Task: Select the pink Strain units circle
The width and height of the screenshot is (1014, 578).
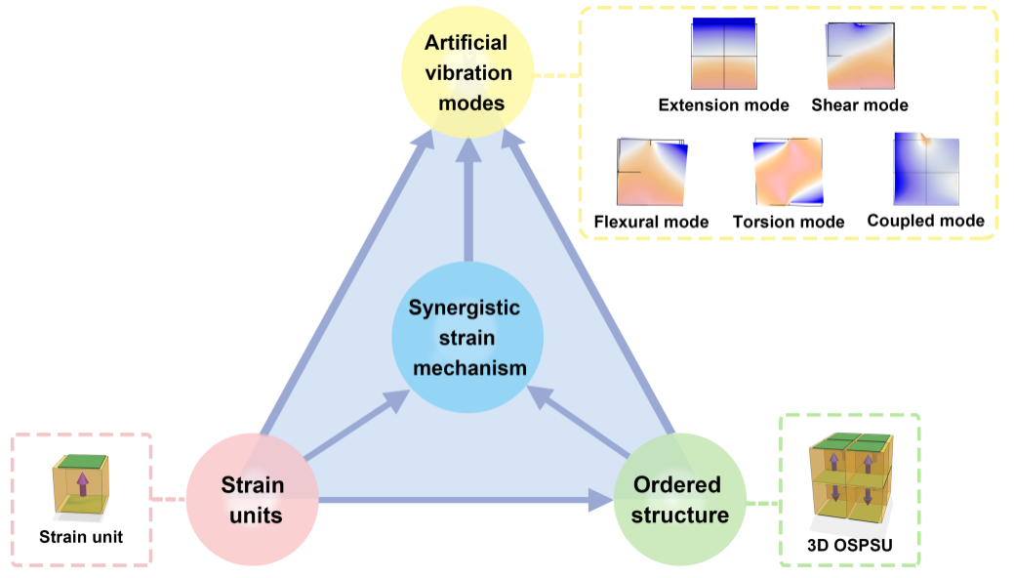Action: click(253, 499)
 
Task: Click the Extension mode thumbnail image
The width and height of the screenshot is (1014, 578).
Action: click(723, 55)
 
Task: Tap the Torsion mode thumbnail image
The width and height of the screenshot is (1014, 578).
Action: click(789, 172)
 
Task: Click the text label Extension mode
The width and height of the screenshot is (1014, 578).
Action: click(723, 104)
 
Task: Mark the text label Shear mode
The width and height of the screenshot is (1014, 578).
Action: click(860, 104)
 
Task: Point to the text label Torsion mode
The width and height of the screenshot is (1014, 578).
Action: click(789, 222)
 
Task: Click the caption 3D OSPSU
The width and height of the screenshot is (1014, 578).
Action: click(849, 543)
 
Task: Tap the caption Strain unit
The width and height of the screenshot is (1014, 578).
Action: click(81, 536)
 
